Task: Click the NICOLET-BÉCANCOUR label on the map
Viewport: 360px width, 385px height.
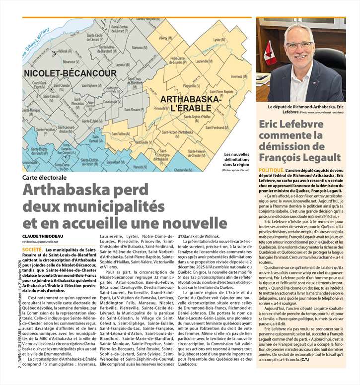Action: (x=70, y=73)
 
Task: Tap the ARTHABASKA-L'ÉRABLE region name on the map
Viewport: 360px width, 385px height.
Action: (x=191, y=104)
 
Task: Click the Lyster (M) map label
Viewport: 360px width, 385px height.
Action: (x=219, y=40)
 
